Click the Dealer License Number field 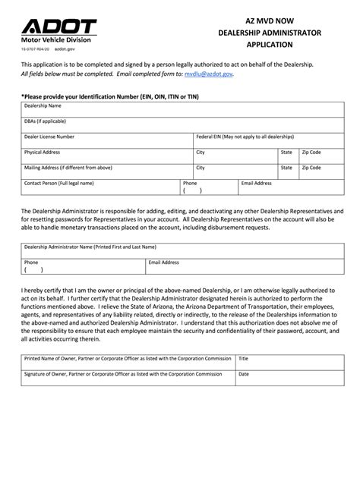(106, 140)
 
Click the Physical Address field (106, 156)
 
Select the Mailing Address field (106, 171)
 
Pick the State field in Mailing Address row (288, 172)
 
